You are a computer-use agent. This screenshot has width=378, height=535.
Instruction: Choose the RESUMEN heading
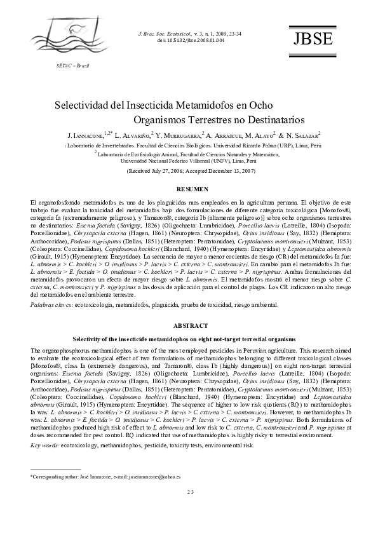point(191,190)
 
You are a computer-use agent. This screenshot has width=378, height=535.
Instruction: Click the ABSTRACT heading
point(191,324)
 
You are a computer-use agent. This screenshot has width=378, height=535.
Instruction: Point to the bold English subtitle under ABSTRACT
point(191,339)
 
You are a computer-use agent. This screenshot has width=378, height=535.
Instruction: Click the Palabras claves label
point(51,306)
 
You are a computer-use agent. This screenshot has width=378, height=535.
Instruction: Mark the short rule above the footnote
point(56,487)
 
